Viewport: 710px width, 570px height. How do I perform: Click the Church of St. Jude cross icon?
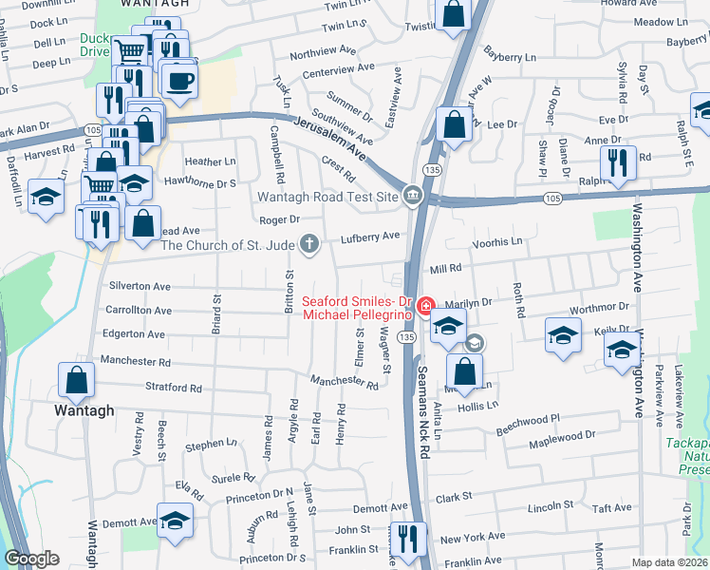(308, 245)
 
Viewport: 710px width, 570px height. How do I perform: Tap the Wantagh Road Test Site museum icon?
(413, 196)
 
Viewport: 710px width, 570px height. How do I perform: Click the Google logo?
(31, 559)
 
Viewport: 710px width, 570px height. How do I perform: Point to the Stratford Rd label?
(174, 389)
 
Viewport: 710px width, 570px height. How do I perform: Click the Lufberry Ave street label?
(370, 236)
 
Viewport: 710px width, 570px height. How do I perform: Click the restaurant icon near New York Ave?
(409, 539)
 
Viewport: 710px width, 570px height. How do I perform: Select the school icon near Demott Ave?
(174, 521)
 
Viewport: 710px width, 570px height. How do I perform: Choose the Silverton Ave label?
(140, 286)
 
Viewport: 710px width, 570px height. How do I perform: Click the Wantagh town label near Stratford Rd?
(84, 410)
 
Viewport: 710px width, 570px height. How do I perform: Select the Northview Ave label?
(322, 55)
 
